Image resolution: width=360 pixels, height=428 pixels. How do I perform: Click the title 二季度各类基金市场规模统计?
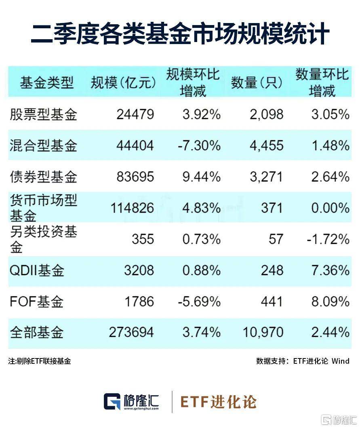pyautogui.click(x=180, y=34)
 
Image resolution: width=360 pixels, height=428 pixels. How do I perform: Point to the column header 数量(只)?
pyautogui.click(x=257, y=83)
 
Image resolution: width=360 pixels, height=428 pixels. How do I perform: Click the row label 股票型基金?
pyautogui.click(x=43, y=115)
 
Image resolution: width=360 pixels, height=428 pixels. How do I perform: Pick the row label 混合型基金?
pyautogui.click(x=43, y=145)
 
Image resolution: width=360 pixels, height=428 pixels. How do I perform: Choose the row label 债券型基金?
pyautogui.click(x=43, y=177)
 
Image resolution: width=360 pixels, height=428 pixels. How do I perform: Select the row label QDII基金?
pyautogui.click(x=37, y=270)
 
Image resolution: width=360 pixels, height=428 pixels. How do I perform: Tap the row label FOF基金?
pyautogui.click(x=36, y=301)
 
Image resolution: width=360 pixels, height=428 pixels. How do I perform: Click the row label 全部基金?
pyautogui.click(x=36, y=332)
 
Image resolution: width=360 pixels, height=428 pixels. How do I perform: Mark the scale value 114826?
pyautogui.click(x=131, y=208)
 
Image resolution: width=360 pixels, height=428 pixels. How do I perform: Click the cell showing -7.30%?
pyautogui.click(x=199, y=145)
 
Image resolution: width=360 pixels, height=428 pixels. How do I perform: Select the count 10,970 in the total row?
pyautogui.click(x=263, y=332)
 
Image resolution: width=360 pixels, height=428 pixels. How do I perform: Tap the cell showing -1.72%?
pyautogui.click(x=328, y=239)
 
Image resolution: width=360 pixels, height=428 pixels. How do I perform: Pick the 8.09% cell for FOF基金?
pyautogui.click(x=330, y=301)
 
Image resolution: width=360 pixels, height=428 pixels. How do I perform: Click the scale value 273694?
pyautogui.click(x=131, y=332)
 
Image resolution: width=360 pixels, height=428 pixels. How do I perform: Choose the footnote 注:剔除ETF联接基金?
pyautogui.click(x=40, y=361)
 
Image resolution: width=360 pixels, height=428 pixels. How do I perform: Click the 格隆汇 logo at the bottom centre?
pyautogui.click(x=132, y=401)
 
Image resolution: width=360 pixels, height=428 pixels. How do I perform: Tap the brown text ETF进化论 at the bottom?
pyautogui.click(x=218, y=402)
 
